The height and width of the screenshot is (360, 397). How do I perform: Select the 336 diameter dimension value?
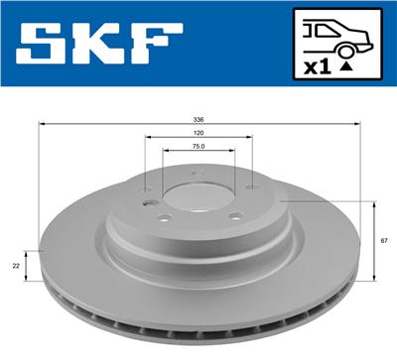tap(198, 116)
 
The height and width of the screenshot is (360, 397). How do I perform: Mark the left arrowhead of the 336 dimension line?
tap(41, 123)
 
